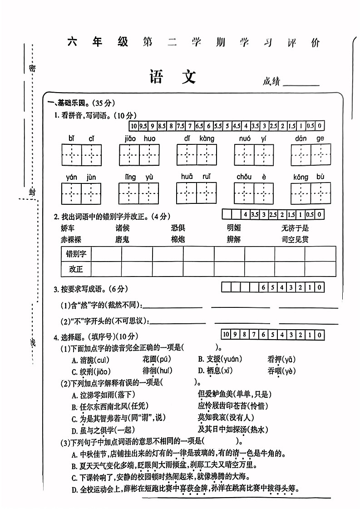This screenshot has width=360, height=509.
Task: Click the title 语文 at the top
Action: [x=173, y=78]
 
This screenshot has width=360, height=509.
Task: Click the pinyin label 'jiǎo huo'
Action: [x=139, y=138]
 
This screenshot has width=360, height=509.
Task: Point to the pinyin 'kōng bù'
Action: [x=308, y=177]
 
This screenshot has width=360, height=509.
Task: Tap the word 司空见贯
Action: [x=295, y=239]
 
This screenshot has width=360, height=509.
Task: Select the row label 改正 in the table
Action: [x=76, y=269]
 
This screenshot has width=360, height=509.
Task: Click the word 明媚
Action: [x=234, y=228]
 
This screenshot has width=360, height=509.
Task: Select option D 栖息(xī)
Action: [x=215, y=371]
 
